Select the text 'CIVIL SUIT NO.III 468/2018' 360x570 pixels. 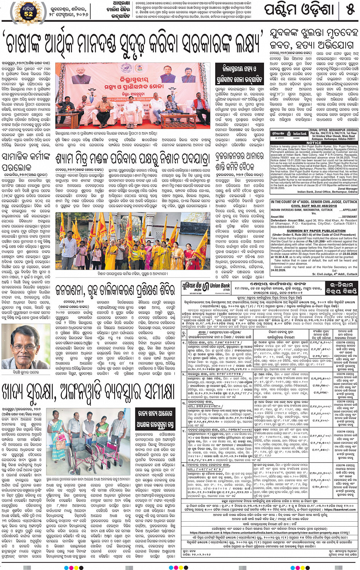coord(314,206)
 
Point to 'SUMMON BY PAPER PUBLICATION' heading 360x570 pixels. coord(314,231)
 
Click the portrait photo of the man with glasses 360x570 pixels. coord(26,345)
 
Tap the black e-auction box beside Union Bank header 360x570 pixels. coord(342,288)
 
